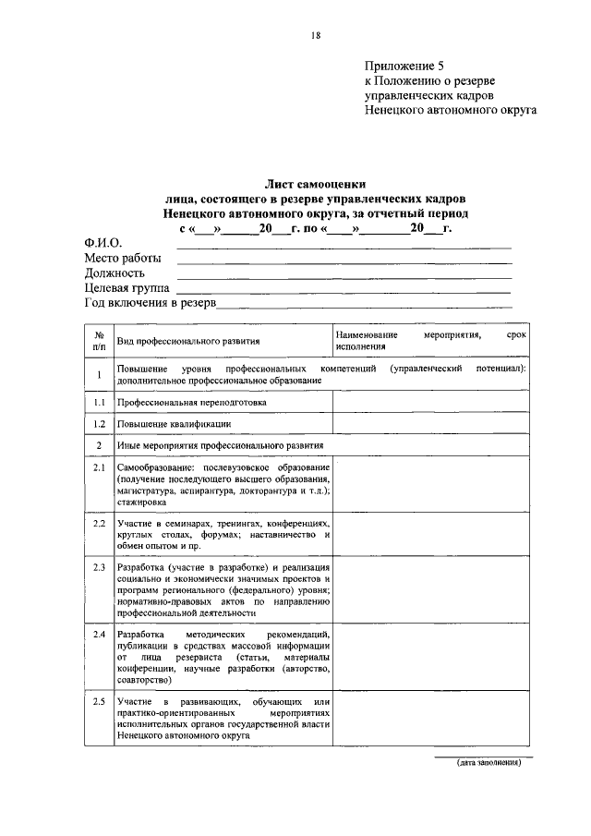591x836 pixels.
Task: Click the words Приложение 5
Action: point(404,66)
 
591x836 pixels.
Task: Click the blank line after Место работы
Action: point(344,261)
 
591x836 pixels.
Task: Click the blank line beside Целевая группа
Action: point(344,291)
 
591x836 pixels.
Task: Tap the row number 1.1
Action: point(98,403)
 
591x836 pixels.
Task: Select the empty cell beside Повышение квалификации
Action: point(430,424)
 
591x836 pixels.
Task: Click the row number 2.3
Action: point(99,565)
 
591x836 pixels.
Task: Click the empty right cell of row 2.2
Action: point(430,536)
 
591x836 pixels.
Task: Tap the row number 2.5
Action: point(99,704)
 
